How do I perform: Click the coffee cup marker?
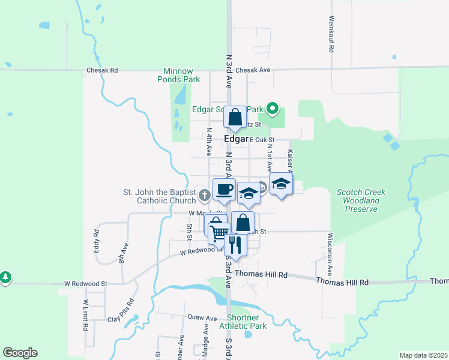pos(224,190)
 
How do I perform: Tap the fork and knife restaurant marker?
pos(235,245)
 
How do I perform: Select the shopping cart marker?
pos(220,232)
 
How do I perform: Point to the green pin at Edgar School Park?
pos(273,109)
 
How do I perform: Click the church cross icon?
pos(205,194)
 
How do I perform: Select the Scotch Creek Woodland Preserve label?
pos(361,200)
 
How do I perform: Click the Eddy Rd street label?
pos(96,240)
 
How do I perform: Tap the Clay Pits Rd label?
pos(122,310)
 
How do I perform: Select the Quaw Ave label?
pos(202,318)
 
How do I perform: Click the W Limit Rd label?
pos(86,316)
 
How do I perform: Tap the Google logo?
pos(20,353)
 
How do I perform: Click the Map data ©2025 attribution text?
pos(423,355)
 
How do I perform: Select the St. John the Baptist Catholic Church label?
pos(159,196)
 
